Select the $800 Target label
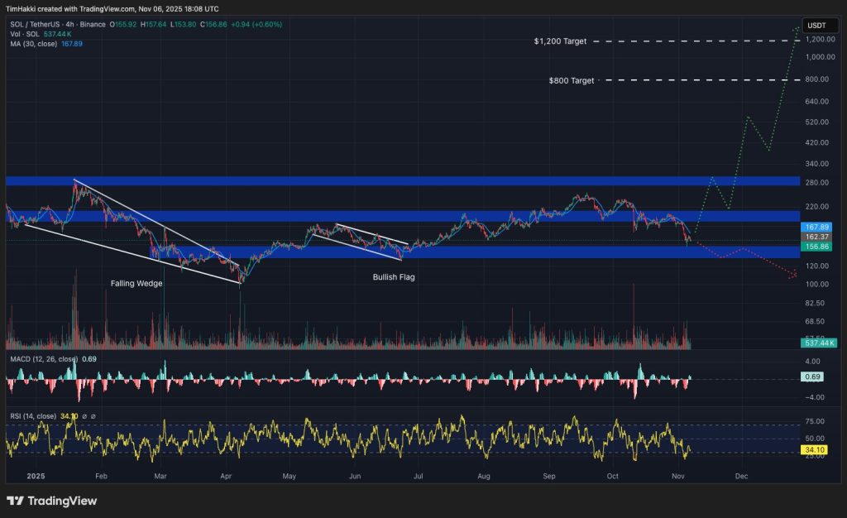coord(571,80)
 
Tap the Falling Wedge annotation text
coord(136,283)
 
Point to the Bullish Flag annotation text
coord(393,277)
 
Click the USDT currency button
coord(816,26)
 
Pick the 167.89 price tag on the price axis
coord(816,227)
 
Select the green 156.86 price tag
coord(816,246)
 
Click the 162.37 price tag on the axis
coord(816,237)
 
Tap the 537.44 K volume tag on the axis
coord(819,342)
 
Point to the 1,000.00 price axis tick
coord(818,57)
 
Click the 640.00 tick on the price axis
coord(816,102)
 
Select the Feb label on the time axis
coord(102,477)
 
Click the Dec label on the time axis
coord(741,477)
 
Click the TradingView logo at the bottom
coord(51,501)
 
